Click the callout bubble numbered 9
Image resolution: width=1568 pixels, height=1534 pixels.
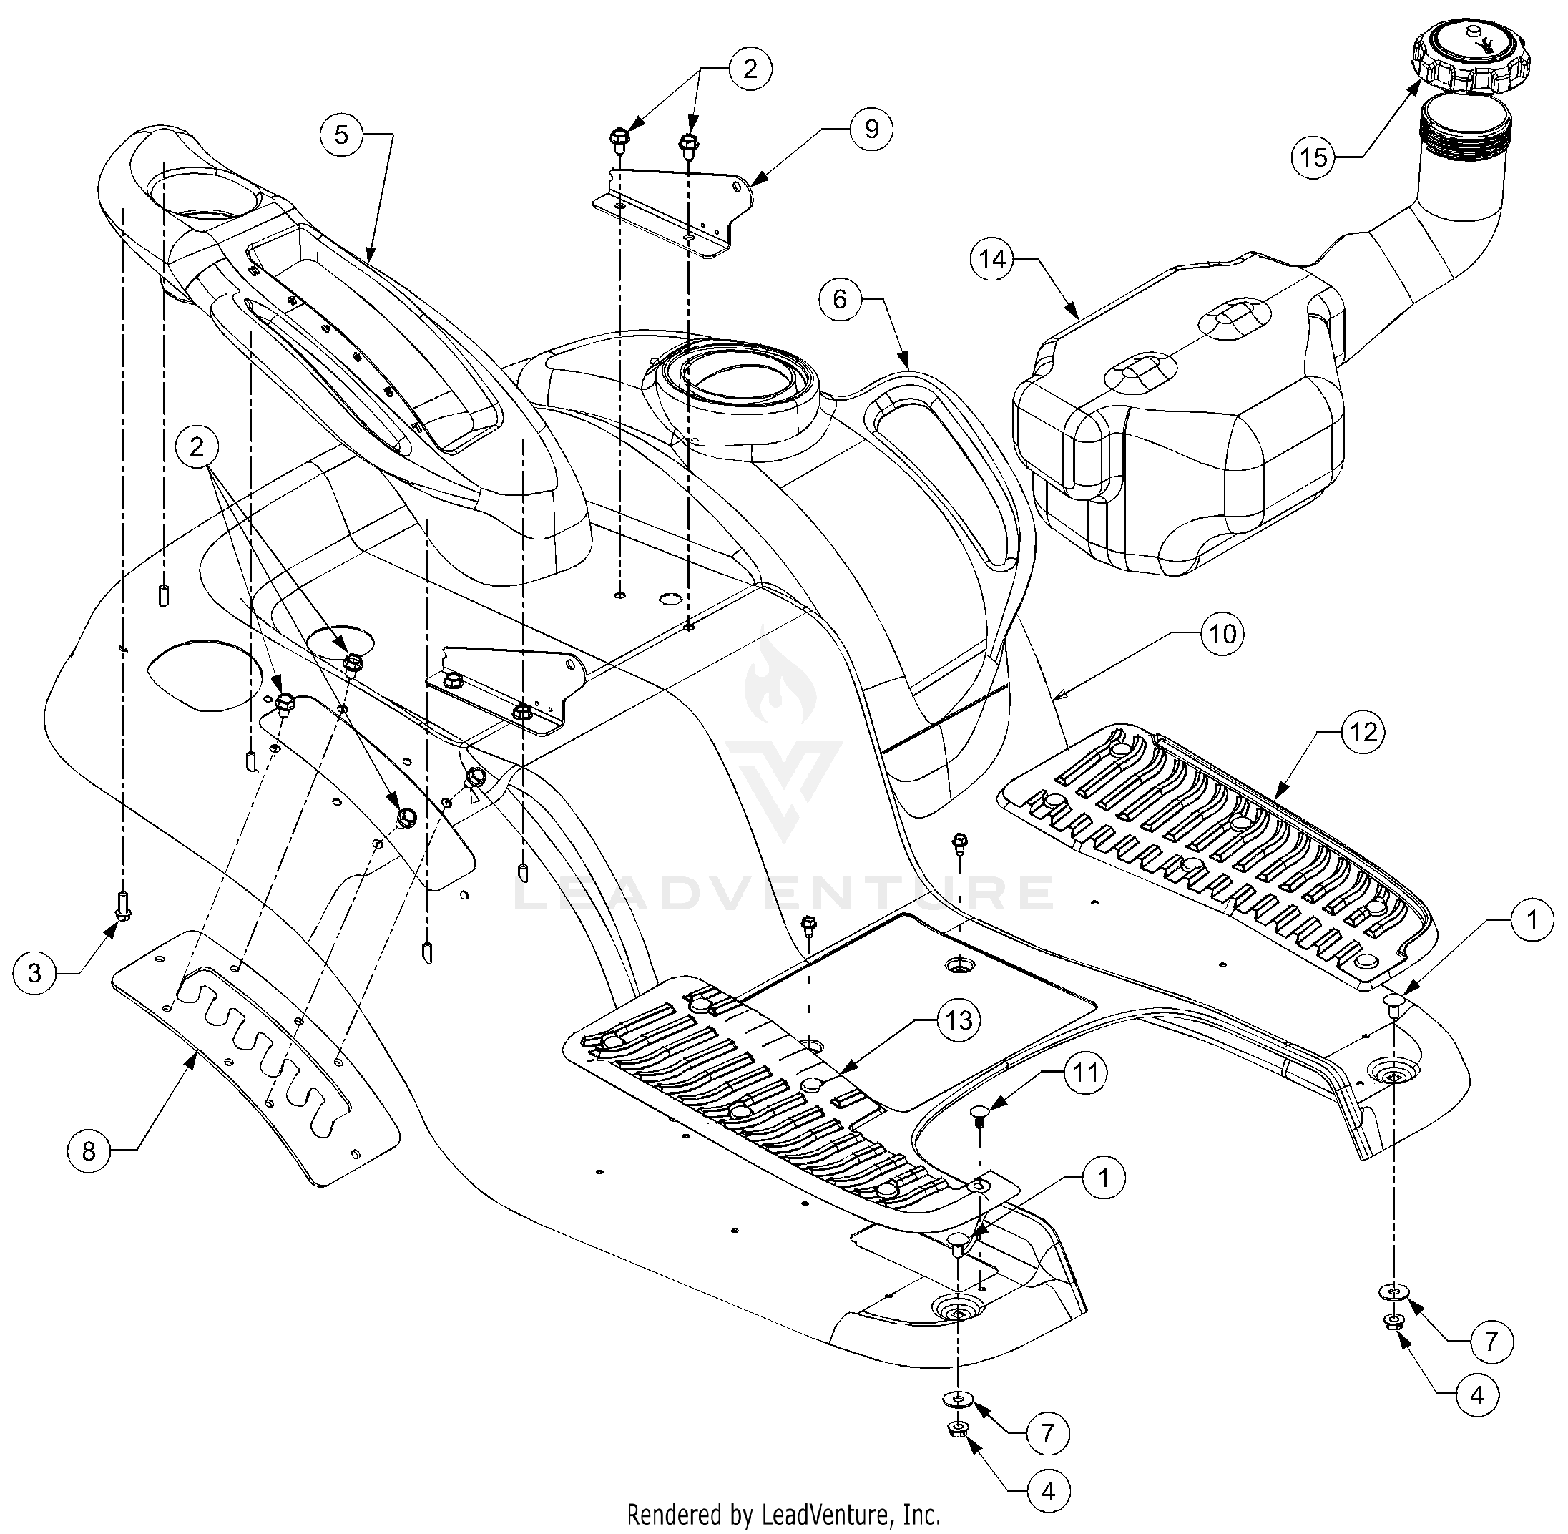(871, 129)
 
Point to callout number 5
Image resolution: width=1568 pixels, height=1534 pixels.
(340, 135)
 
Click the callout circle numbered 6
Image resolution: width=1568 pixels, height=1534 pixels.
(840, 300)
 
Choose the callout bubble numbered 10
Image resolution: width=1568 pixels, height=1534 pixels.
(1222, 634)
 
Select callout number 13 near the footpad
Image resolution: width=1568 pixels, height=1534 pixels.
(959, 1021)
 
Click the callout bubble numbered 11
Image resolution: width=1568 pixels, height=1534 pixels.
(1084, 1075)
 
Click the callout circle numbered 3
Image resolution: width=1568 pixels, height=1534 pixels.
(34, 974)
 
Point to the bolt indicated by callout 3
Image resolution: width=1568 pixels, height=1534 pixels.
(122, 906)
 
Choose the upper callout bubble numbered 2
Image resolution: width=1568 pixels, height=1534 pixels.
(750, 69)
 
